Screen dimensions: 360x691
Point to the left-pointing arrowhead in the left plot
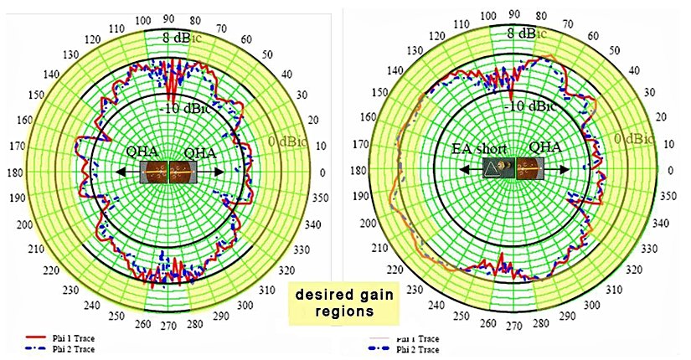(x=118, y=171)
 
